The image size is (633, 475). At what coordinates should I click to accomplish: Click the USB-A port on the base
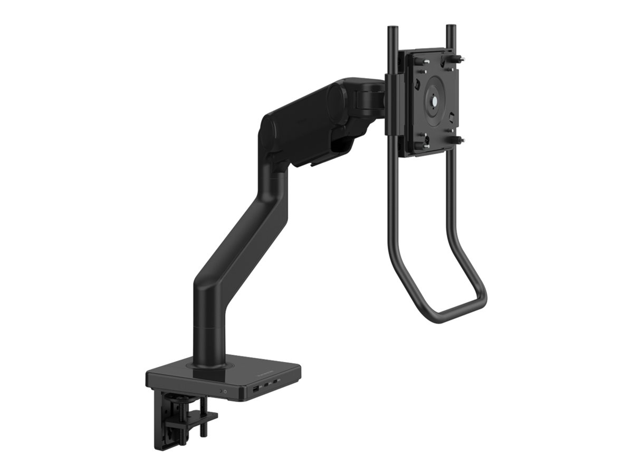click(255, 389)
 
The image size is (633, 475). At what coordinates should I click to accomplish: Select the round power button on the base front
click(226, 392)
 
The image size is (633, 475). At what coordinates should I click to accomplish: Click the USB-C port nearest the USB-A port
click(267, 385)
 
